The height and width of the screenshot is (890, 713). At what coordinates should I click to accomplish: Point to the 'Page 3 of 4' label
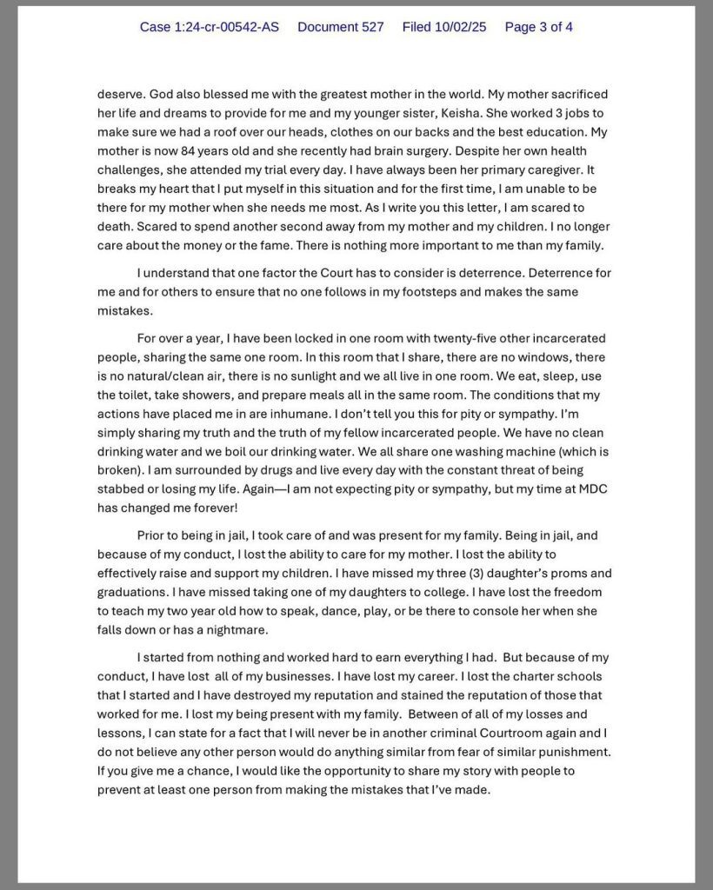538,27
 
